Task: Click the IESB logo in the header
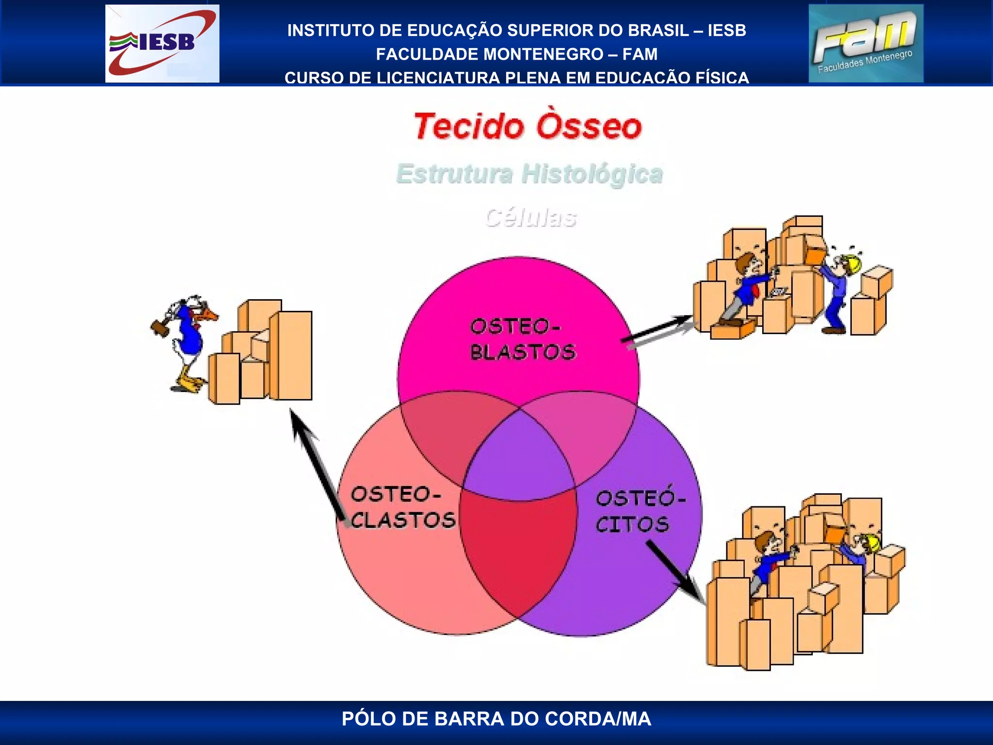162,43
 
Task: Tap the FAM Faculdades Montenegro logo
866,43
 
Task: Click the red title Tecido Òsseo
528,127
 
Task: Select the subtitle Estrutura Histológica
529,174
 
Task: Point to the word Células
531,217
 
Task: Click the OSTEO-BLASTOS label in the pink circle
522,339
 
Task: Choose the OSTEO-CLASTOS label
402,507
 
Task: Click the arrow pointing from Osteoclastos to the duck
318,466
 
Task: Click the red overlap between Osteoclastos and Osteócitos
518,548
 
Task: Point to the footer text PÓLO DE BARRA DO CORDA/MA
496,719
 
